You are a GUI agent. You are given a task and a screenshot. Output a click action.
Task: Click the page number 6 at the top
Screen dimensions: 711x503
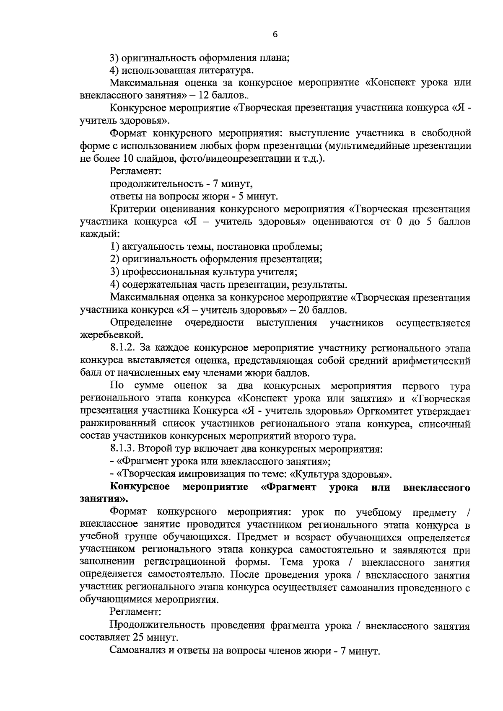point(275,35)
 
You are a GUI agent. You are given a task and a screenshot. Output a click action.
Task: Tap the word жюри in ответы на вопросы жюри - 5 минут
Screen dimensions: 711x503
point(226,196)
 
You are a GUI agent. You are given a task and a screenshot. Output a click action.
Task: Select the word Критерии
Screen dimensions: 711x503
point(130,209)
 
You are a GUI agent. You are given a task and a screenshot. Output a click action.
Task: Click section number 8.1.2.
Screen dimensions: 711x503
point(124,348)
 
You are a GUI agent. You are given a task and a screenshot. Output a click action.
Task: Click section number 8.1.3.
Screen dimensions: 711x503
point(124,449)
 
